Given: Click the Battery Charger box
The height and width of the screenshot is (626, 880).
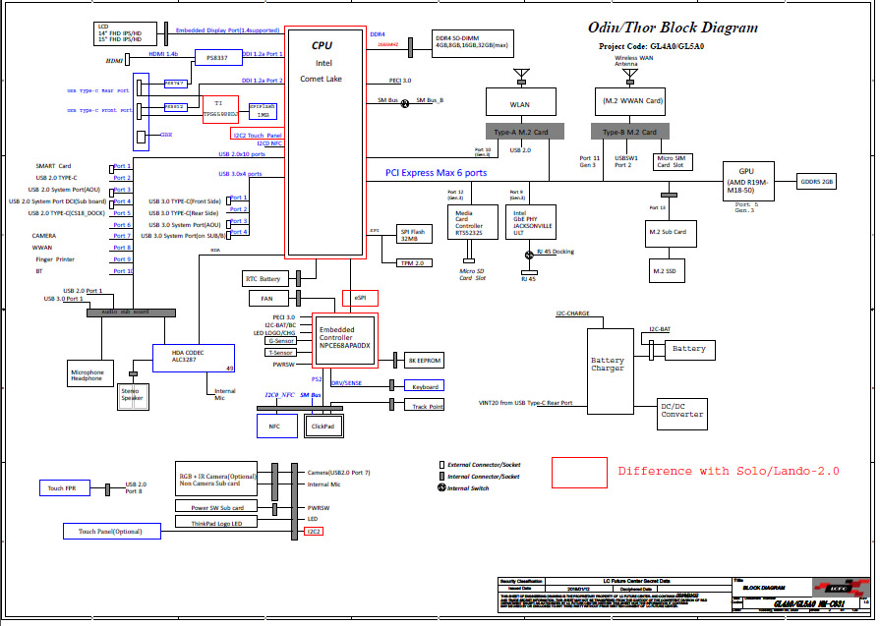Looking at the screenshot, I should click(607, 365).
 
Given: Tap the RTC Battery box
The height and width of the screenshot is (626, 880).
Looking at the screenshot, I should click(264, 279).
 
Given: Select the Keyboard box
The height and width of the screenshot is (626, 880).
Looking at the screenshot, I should click(425, 386).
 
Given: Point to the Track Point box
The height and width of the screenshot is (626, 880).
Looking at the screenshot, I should click(426, 405).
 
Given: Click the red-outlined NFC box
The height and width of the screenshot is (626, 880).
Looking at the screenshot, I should click(274, 425).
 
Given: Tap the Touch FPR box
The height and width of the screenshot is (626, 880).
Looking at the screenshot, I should click(68, 487).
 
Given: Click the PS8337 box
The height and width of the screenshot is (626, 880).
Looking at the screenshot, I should click(217, 57).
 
